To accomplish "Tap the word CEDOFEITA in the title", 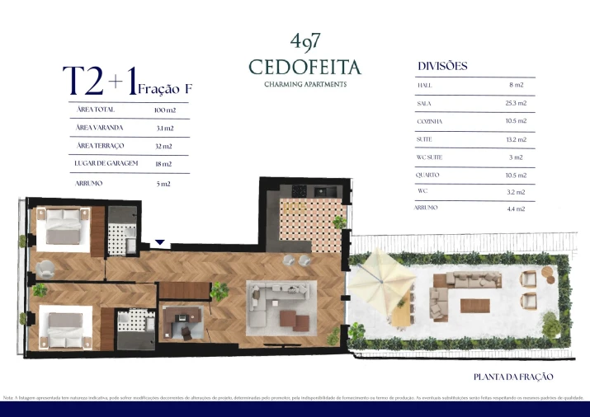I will [304, 66].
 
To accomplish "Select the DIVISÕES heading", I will [442, 66].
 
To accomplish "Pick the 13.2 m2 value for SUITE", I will [516, 140].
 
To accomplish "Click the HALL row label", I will [425, 86].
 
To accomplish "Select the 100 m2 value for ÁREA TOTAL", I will [165, 110].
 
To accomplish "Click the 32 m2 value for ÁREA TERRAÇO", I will [163, 147].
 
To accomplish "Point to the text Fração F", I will [165, 87].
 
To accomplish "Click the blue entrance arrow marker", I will [161, 243].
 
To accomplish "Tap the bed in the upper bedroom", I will [65, 227].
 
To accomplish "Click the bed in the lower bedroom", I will [65, 328].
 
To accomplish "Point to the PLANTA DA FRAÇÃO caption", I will [512, 377].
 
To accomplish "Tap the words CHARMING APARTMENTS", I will [304, 84].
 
